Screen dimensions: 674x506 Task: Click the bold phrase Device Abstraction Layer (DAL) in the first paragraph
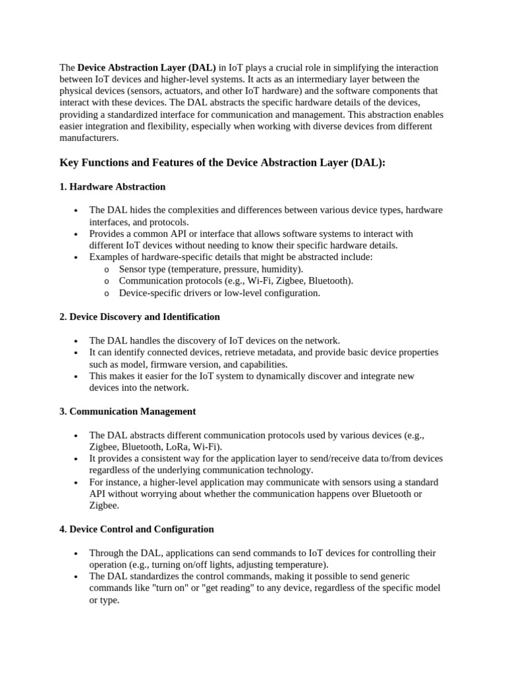(147, 68)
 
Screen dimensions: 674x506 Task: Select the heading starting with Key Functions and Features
(222, 163)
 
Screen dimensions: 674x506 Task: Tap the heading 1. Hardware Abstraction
(112, 187)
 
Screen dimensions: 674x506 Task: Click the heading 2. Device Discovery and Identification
(140, 317)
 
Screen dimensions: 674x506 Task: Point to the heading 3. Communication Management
(127, 411)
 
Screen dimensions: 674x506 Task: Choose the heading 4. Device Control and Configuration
(136, 529)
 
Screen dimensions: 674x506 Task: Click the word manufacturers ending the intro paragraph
(89, 138)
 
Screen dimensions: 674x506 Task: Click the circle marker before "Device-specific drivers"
(107, 294)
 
